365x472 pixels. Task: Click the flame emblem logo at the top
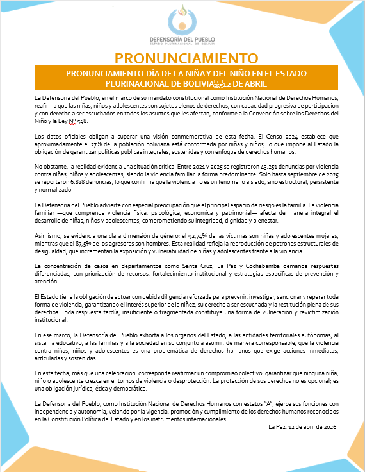[183, 19]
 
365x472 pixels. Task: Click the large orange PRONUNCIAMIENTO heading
[182, 58]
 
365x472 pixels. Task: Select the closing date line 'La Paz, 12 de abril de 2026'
[303, 426]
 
